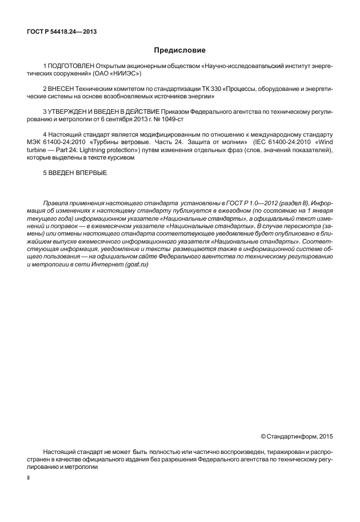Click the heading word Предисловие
pyautogui.click(x=179, y=50)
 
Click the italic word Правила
pyautogui.click(x=56, y=203)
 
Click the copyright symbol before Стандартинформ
pyautogui.click(x=263, y=437)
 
